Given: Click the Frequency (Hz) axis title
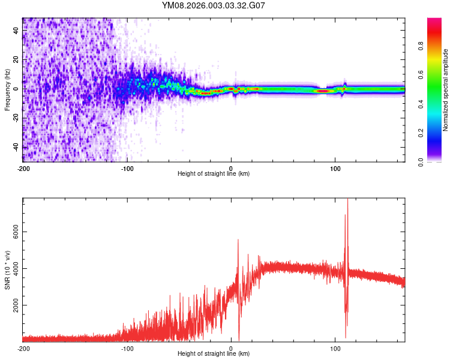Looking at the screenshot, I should [x=7, y=89].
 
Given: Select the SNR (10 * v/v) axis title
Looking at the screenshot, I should [x=7, y=270].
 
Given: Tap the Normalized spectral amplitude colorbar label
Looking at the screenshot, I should [x=446, y=89].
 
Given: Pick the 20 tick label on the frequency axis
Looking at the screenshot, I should [x=16, y=60].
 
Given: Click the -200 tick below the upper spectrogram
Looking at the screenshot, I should [x=23, y=168].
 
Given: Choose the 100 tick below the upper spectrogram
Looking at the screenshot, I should [x=335, y=168].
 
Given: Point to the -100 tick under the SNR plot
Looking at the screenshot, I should [x=127, y=348].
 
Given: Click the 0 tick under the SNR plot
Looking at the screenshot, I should [x=232, y=348].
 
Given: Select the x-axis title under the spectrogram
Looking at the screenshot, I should [x=214, y=174].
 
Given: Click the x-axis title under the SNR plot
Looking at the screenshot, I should [x=214, y=353].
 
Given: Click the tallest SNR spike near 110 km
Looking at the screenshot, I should [x=347, y=200].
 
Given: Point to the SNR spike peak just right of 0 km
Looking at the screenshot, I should [x=238, y=239].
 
